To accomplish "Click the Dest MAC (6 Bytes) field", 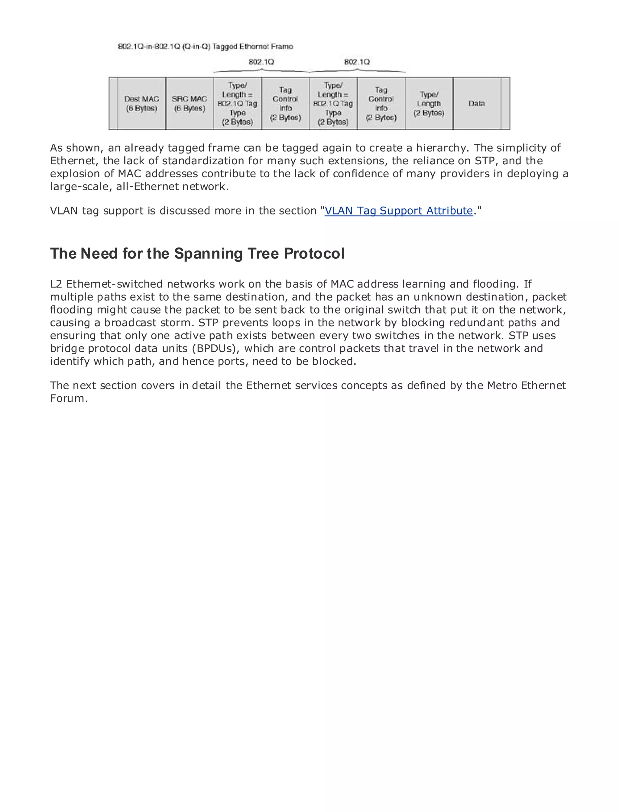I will (x=141, y=104).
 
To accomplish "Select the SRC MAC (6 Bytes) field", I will (x=190, y=104).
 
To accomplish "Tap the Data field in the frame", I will (x=476, y=104).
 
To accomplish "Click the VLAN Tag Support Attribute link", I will (x=398, y=211).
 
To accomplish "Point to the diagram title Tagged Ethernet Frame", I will (x=252, y=47).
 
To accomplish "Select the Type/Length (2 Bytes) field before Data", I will (x=429, y=104).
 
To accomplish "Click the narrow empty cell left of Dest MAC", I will (x=113, y=104).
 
